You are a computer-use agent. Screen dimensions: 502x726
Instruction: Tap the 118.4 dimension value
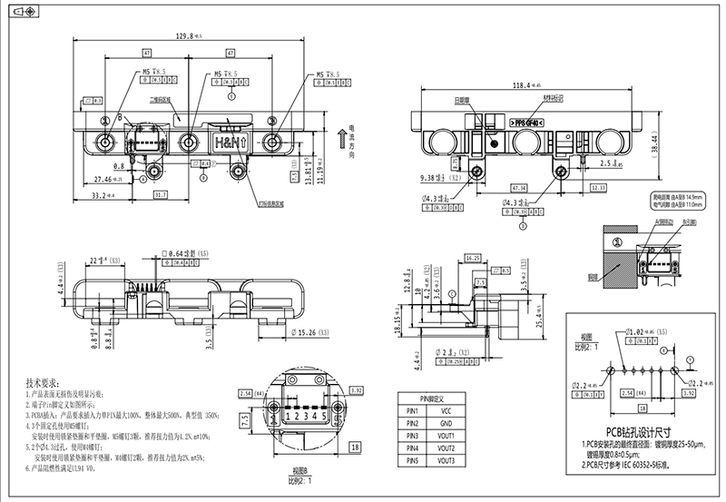click(515, 85)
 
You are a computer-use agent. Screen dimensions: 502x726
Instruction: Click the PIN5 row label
click(413, 460)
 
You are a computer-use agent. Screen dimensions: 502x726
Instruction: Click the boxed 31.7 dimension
click(160, 194)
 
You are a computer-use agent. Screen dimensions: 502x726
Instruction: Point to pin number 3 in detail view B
click(299, 417)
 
